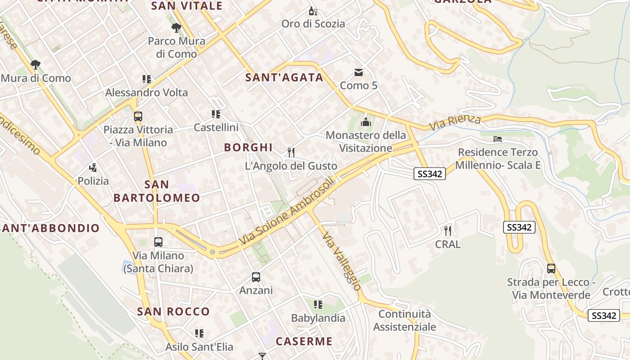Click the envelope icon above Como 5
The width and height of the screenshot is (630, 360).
(359, 72)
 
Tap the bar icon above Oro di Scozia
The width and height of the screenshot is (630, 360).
(313, 11)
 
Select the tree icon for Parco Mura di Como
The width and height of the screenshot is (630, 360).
(176, 28)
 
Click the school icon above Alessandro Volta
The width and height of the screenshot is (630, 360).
(146, 80)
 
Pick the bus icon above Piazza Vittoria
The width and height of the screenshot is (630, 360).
(138, 117)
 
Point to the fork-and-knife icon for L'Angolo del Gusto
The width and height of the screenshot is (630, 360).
(291, 153)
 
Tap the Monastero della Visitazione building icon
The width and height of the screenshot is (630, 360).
(365, 122)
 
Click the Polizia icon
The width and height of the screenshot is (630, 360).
(93, 168)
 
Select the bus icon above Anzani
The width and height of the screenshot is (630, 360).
(256, 277)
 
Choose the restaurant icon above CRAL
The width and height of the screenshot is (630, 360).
(448, 231)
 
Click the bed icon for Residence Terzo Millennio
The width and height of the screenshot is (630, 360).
(498, 139)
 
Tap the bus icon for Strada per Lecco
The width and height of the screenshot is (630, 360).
(551, 269)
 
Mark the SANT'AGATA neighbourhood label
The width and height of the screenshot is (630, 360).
(284, 77)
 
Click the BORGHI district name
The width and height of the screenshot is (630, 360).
(248, 147)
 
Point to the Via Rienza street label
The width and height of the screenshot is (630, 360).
(454, 122)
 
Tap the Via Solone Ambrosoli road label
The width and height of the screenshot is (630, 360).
(288, 211)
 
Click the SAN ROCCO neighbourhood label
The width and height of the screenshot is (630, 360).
(173, 311)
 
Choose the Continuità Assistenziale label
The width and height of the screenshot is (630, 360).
(405, 320)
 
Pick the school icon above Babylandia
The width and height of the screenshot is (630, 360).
(318, 305)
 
